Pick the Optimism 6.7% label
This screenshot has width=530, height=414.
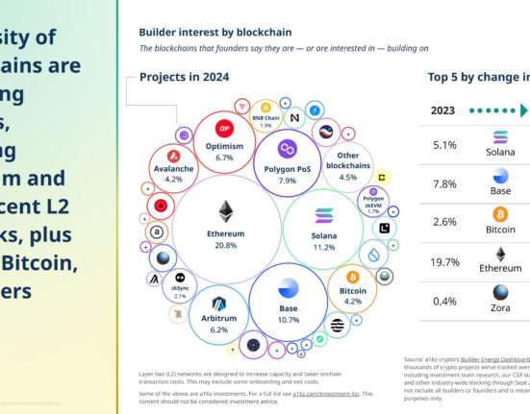(x=225, y=152)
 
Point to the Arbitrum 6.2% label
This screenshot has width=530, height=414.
(x=220, y=324)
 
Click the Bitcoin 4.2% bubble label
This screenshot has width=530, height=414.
(x=354, y=295)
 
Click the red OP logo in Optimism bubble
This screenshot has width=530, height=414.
(x=226, y=129)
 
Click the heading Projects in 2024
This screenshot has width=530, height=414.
(x=185, y=78)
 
